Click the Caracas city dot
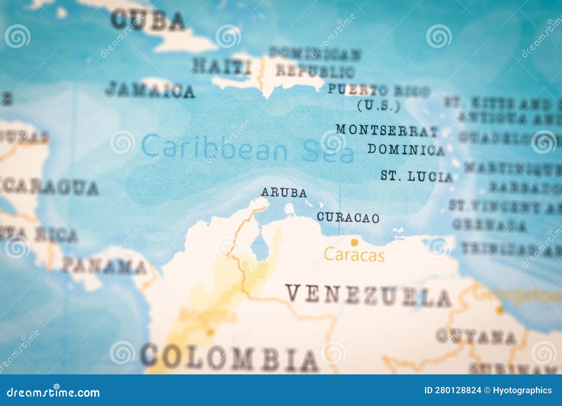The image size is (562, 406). point(354,242)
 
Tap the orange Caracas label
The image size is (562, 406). point(354,255)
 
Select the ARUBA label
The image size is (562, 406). point(284,193)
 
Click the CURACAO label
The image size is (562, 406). point(348,217)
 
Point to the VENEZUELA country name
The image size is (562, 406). point(368,296)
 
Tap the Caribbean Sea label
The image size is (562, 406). point(248,149)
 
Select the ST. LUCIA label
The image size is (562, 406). point(417,176)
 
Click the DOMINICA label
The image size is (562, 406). point(406,150)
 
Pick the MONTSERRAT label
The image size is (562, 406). point(387,130)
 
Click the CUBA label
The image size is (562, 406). point(148,20)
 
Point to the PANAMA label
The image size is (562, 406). point(105,266)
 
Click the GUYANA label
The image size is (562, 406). point(476,336)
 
